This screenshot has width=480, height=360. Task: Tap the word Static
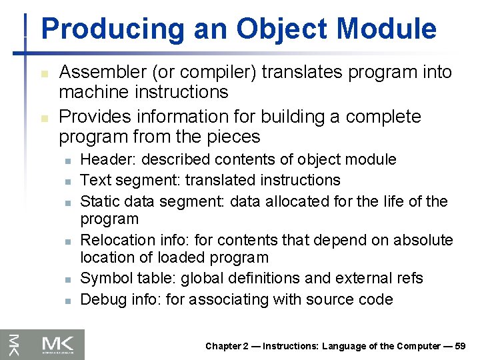pyautogui.click(x=98, y=201)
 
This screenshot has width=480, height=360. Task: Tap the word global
pyautogui.click(x=225, y=278)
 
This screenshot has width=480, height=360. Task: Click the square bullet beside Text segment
pyautogui.click(x=67, y=181)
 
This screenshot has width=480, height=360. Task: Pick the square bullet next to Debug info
pyautogui.click(x=67, y=301)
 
